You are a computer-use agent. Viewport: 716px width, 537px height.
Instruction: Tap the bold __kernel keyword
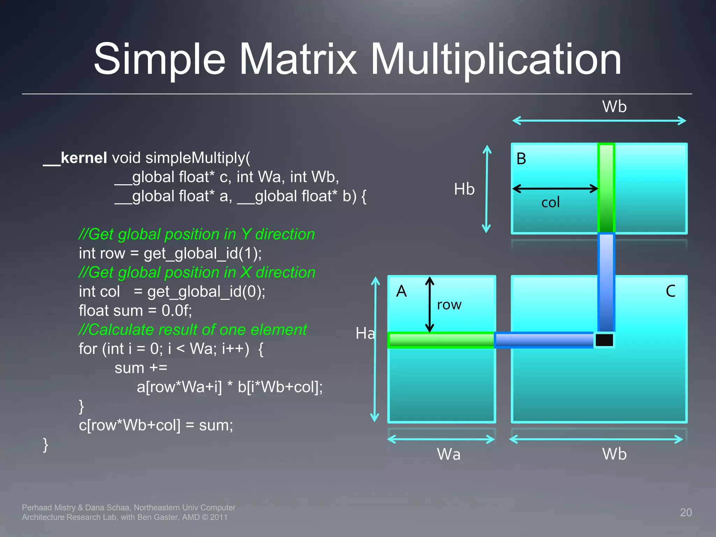pos(75,158)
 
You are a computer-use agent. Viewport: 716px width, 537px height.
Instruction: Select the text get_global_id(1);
pos(202,253)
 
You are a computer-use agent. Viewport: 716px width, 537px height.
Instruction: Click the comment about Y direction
pos(197,234)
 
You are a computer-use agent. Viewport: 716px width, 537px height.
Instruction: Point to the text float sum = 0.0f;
pos(135,310)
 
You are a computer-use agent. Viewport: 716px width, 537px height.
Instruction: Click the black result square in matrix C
pos(604,340)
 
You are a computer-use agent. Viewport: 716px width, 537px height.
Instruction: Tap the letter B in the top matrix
pos(521,159)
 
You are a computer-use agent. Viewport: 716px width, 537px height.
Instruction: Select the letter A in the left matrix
pos(401,291)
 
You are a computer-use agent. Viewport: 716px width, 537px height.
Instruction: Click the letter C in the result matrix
pos(670,291)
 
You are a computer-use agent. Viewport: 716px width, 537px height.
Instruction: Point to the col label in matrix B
pos(550,202)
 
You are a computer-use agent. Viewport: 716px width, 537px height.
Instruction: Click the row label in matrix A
pos(449,305)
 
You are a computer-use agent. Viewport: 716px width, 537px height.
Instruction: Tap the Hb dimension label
pos(464,189)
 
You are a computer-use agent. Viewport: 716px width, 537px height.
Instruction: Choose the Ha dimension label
pos(365,333)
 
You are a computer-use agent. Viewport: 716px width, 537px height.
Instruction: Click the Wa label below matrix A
pos(449,454)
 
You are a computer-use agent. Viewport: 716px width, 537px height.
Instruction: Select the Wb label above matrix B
pos(614,106)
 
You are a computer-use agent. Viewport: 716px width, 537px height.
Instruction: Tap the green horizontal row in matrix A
pos(441,340)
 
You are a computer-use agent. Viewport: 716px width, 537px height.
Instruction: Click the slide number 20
pos(686,512)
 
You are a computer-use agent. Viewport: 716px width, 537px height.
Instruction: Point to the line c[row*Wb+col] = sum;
pos(156,425)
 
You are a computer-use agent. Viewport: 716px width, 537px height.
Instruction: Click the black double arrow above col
pos(555,188)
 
